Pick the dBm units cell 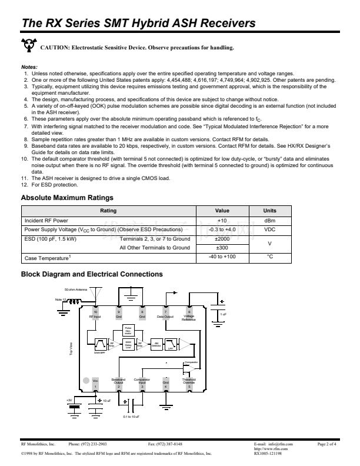pyautogui.click(x=270, y=220)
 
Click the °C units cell pyautogui.click(x=270, y=257)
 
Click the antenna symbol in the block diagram pyautogui.click(x=98, y=292)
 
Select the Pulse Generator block pyautogui.click(x=128, y=330)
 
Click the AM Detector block pyautogui.click(x=156, y=344)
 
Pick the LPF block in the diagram pyautogui.click(x=171, y=344)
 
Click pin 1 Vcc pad pyautogui.click(x=96, y=383)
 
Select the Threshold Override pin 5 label pyautogui.click(x=189, y=382)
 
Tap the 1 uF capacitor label pyautogui.click(x=224, y=314)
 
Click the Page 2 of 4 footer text pyautogui.click(x=326, y=444)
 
